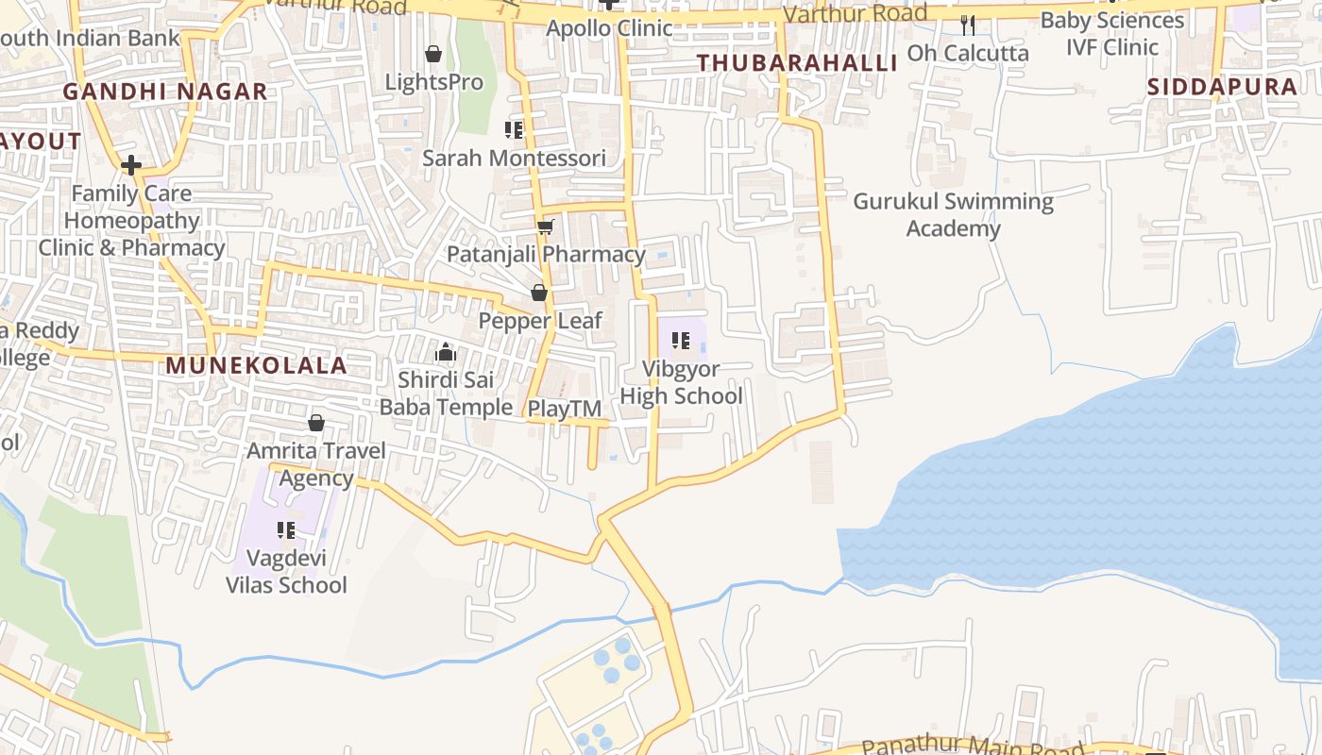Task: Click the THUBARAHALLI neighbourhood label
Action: [x=797, y=63]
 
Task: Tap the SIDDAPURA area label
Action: [x=1222, y=87]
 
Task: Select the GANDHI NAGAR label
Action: [x=165, y=92]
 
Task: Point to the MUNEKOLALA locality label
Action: [x=257, y=366]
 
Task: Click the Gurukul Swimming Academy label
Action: [x=953, y=215]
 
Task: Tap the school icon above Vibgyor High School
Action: [x=680, y=340]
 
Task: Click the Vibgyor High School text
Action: [x=682, y=382]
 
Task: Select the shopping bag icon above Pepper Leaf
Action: [x=539, y=293]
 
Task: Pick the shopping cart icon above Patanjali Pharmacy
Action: [x=545, y=226]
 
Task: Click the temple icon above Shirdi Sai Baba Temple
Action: [x=446, y=353]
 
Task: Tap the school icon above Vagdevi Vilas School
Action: [x=286, y=530]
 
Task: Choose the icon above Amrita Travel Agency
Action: [x=316, y=423]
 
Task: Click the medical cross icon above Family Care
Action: [x=131, y=165]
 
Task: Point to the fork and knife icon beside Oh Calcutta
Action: [x=967, y=25]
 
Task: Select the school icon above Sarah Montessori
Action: [x=514, y=129]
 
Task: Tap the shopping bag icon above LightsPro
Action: [x=433, y=54]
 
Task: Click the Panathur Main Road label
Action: [x=973, y=747]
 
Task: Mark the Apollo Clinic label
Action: [x=610, y=28]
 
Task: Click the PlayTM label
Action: [x=565, y=409]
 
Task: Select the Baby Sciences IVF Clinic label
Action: [x=1111, y=33]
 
